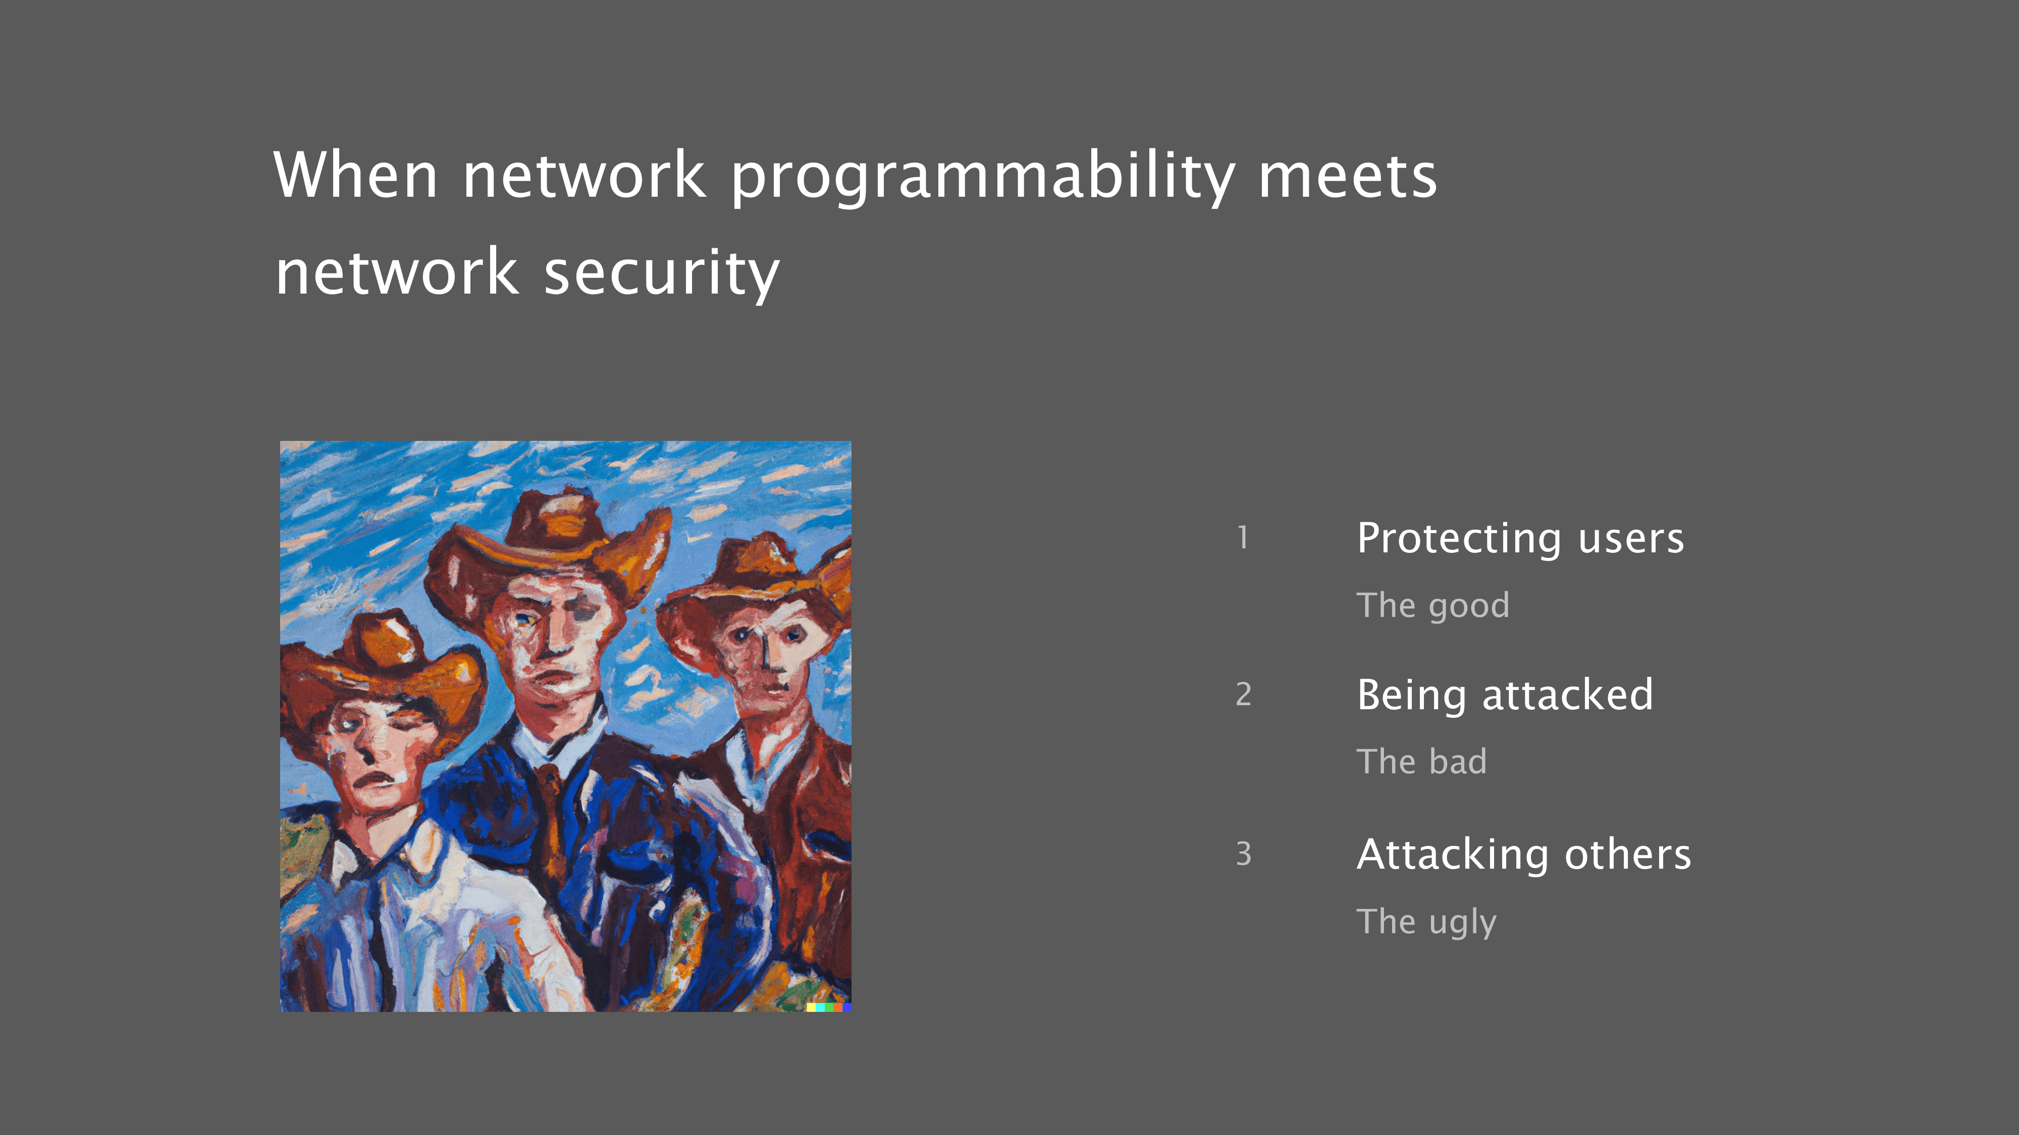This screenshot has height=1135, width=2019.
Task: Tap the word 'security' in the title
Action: click(x=662, y=273)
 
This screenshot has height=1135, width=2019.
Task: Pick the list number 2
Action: click(x=1243, y=694)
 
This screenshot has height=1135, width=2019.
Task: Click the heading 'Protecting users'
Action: click(x=1520, y=539)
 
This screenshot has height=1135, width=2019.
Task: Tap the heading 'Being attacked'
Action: click(x=1505, y=695)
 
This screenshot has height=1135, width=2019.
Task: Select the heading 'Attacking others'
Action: click(x=1524, y=854)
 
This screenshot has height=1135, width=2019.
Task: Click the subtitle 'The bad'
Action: click(x=1422, y=761)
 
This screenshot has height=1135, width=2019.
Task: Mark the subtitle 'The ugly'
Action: click(x=1426, y=923)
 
